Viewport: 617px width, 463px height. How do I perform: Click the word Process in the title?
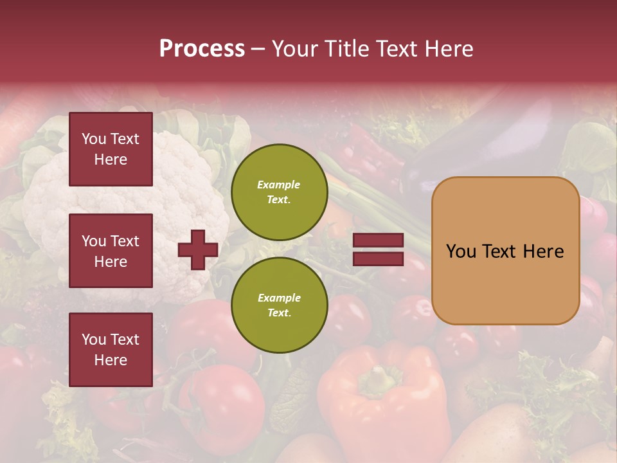(x=202, y=49)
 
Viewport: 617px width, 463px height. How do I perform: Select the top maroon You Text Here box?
(x=111, y=149)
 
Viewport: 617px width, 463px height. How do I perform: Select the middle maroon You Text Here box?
(x=111, y=251)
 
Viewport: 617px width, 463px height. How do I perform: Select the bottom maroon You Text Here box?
(x=111, y=349)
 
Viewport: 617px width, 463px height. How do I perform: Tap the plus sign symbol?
(x=197, y=250)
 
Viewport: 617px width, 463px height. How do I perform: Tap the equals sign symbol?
(x=378, y=250)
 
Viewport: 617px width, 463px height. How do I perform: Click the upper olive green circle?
(x=279, y=192)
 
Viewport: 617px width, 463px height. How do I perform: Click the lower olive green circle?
(x=279, y=305)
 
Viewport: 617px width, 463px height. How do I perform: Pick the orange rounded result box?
(x=505, y=251)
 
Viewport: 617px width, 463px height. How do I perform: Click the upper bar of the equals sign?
(x=378, y=241)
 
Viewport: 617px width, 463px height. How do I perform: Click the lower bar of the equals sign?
(x=378, y=259)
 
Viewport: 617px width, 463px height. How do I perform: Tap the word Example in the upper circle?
(x=278, y=185)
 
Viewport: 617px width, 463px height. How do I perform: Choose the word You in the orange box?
(x=461, y=251)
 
